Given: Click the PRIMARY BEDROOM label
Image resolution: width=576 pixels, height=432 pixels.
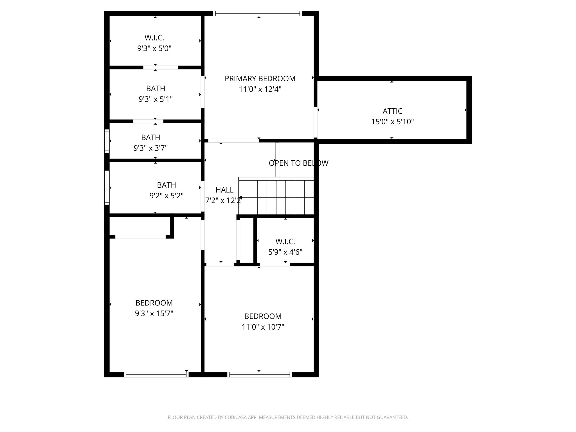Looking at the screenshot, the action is [x=260, y=78].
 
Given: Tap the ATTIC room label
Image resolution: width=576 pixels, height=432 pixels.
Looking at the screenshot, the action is [x=392, y=111].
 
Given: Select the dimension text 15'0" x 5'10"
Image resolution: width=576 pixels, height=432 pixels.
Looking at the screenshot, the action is [x=392, y=122].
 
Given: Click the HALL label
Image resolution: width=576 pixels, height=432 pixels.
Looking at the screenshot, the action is [x=224, y=190].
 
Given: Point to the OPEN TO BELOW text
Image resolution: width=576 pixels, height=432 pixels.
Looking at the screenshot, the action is [x=298, y=163].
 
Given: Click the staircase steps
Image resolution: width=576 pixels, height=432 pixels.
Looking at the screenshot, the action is [x=276, y=197].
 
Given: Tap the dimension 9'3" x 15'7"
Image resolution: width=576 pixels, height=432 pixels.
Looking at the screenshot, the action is [x=154, y=313].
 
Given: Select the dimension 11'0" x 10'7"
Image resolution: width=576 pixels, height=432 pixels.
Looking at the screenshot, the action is [x=263, y=327].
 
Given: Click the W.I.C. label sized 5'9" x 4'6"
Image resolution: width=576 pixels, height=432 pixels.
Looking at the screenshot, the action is [x=285, y=242].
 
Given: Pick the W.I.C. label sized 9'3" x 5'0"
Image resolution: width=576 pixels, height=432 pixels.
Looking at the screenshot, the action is [x=154, y=38].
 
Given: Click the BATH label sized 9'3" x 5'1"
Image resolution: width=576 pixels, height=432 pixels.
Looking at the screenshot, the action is [x=156, y=89].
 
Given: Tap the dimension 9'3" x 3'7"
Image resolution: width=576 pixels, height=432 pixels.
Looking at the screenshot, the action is [x=150, y=148].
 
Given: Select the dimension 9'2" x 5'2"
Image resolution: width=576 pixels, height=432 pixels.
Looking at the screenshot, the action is [x=166, y=196].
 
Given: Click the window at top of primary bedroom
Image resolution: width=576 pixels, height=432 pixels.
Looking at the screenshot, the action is [x=257, y=13].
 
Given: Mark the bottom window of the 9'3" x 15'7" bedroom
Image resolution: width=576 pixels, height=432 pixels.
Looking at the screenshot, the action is [x=156, y=374].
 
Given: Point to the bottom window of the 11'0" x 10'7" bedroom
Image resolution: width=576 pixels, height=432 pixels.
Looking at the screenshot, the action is [x=260, y=374].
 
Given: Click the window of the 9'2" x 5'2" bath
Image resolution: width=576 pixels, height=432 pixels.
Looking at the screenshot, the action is [x=107, y=187].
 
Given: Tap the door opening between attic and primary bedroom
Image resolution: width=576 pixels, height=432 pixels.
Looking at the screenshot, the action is [x=316, y=122].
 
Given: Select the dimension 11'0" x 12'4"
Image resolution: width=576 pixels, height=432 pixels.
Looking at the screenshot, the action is [x=260, y=89].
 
